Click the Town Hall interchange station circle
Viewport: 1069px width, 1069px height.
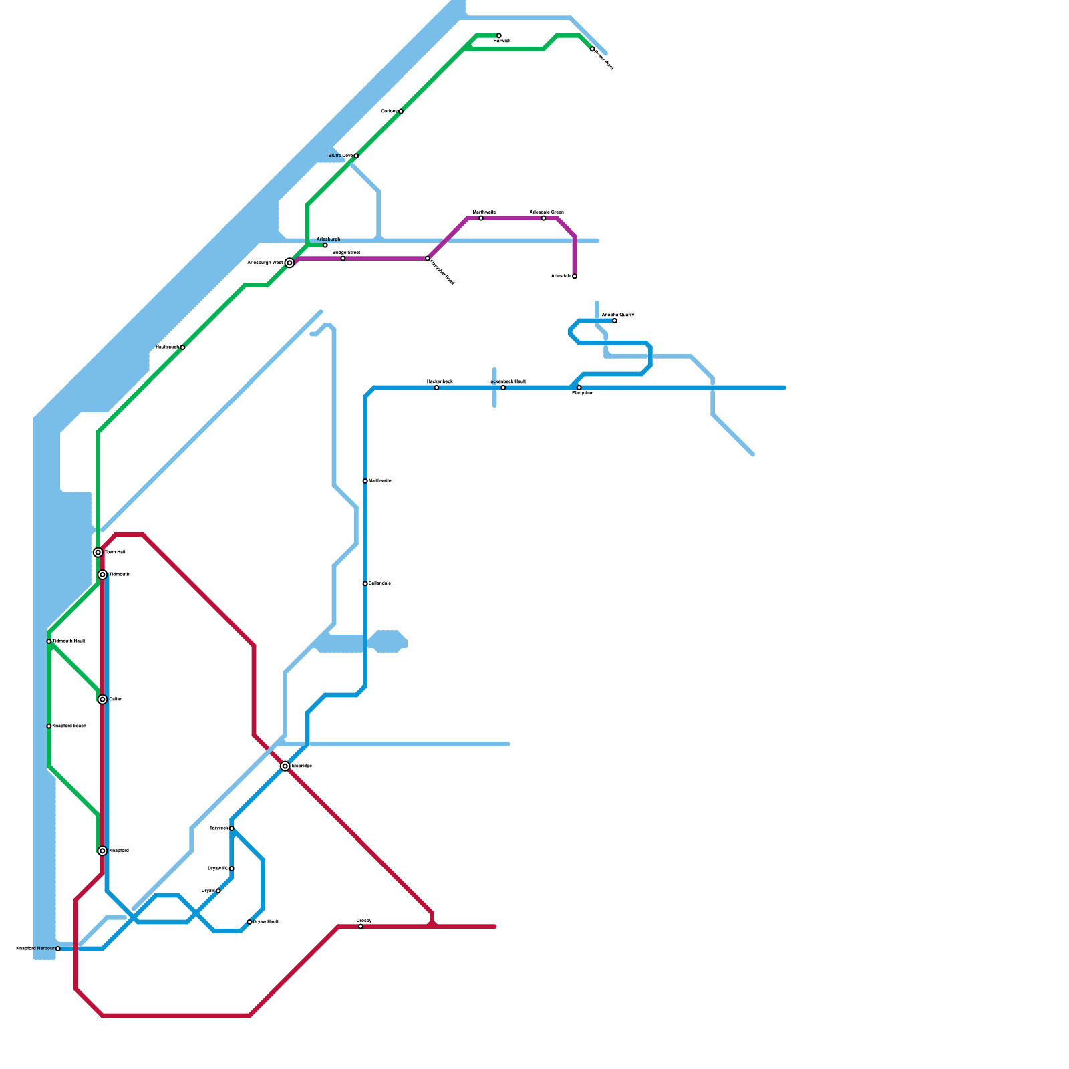click(98, 553)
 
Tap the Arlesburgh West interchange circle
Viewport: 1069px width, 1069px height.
click(289, 263)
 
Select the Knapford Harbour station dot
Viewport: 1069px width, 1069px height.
click(58, 949)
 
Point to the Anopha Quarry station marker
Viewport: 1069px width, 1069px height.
click(615, 321)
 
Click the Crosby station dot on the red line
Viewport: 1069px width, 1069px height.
click(361, 927)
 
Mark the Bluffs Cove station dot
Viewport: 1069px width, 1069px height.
click(356, 156)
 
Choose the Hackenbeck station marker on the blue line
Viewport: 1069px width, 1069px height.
click(436, 388)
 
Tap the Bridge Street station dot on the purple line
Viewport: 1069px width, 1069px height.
click(343, 259)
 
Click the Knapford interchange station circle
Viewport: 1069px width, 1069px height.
click(102, 851)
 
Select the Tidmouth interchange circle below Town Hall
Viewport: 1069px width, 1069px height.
click(102, 575)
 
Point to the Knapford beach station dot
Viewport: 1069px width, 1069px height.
click(49, 726)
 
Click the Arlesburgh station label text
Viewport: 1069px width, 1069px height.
click(328, 239)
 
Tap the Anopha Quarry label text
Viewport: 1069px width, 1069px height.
click(618, 315)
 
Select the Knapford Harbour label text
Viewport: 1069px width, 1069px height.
click(35, 949)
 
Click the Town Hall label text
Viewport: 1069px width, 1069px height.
click(115, 553)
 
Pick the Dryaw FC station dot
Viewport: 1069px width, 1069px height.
click(232, 869)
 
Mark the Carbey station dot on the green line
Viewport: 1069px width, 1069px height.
click(401, 112)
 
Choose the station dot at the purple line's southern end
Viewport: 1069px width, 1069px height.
click(575, 276)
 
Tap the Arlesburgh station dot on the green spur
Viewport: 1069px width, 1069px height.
click(325, 245)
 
